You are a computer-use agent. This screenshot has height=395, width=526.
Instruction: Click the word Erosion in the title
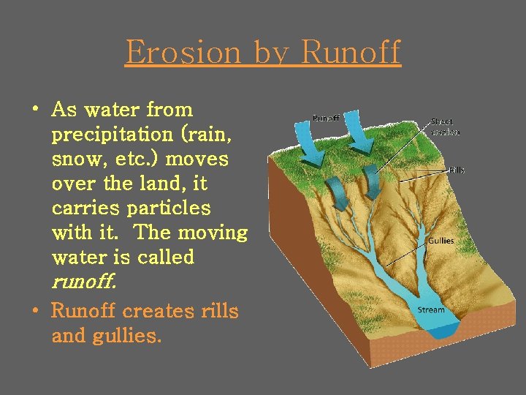[183, 52]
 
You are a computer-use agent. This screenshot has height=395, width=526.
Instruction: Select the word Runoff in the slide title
[351, 52]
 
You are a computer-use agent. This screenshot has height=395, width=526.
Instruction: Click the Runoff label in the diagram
[326, 118]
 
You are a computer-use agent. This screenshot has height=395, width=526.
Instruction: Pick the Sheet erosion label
[445, 127]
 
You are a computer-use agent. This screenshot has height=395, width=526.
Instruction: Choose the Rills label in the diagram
[456, 170]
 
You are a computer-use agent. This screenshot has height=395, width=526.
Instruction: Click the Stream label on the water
[431, 310]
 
